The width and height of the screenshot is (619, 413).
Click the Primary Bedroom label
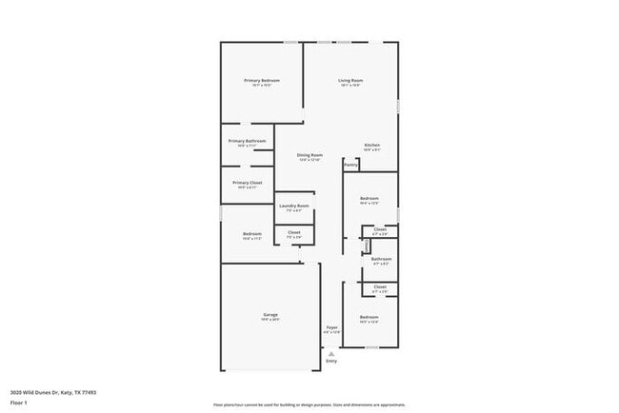point(261,81)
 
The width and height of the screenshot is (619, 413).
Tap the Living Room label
point(349,81)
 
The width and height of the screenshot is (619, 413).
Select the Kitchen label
point(372,146)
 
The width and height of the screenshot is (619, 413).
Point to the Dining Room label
point(309,155)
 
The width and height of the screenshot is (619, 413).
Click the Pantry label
point(351,165)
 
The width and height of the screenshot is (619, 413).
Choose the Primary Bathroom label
point(247,141)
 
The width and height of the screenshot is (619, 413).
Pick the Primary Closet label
point(247,182)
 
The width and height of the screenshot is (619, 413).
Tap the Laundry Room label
point(293,206)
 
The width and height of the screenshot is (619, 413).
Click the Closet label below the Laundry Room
point(294,232)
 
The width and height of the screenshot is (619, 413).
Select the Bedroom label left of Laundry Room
point(251,234)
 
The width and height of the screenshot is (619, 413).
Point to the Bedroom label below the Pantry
point(369,199)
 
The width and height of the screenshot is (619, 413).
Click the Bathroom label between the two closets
point(381,259)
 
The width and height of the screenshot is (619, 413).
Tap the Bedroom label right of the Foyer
point(369,317)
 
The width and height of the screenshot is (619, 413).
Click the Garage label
point(270,315)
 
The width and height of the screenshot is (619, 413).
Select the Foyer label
point(331,327)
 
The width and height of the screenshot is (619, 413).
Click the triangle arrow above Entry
point(331,353)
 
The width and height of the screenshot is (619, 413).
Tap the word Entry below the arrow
point(331,362)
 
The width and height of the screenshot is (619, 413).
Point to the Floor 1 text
point(19,403)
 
